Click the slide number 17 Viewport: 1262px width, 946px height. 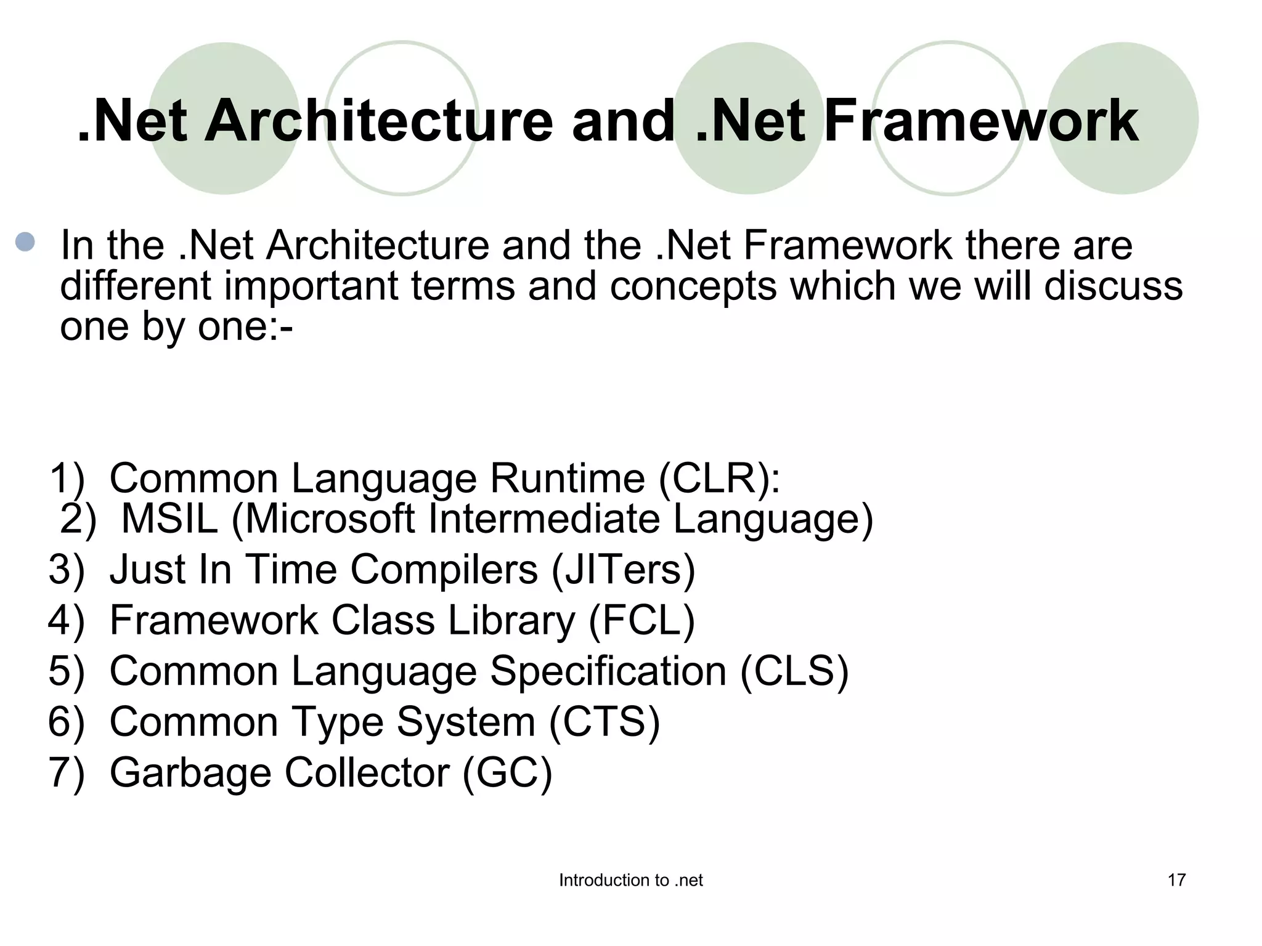[1176, 880]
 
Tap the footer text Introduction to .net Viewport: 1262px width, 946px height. [630, 881]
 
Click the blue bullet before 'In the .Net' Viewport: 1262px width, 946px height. [25, 241]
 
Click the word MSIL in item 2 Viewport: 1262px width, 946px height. [169, 519]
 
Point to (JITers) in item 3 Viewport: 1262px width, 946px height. [623, 569]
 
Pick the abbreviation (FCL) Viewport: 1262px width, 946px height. [641, 620]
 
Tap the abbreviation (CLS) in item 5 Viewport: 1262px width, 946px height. [794, 671]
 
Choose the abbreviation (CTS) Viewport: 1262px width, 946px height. [604, 722]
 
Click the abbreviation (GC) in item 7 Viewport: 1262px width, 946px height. [507, 772]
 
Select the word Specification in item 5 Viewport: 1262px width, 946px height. [608, 671]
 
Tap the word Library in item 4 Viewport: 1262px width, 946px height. [511, 620]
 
